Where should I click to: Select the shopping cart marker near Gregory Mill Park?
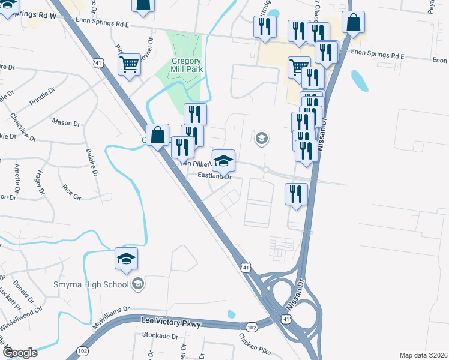130,65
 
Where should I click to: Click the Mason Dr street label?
66,122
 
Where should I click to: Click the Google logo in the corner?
19,353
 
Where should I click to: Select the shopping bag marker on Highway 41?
157,136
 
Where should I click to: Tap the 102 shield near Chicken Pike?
252,327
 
